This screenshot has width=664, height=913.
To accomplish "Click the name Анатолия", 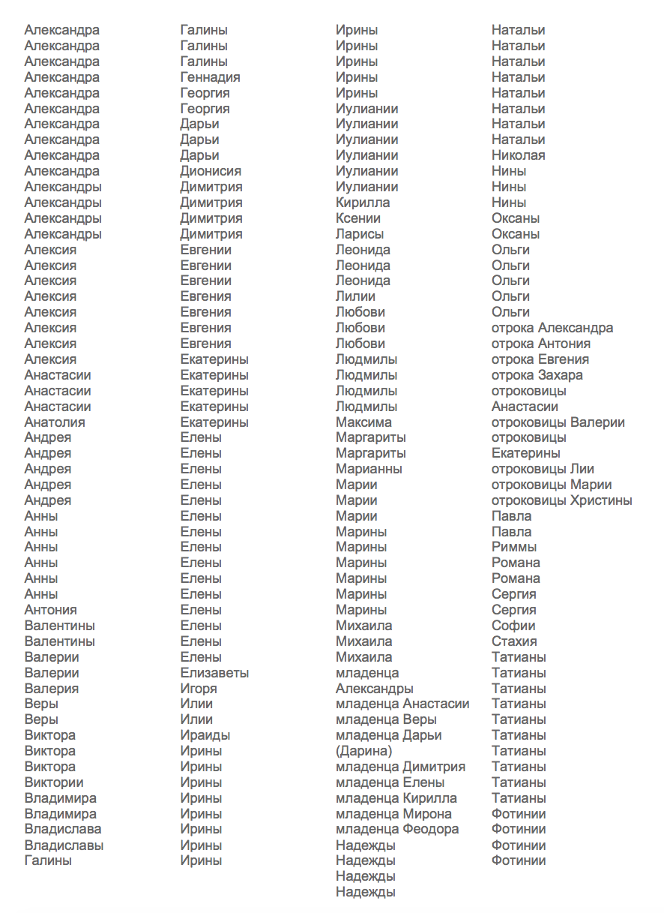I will coord(55,422).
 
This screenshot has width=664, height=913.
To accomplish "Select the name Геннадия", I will coord(210,77).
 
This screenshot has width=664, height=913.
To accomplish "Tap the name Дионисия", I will coord(211,171).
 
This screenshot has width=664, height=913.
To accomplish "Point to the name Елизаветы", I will coord(214,673).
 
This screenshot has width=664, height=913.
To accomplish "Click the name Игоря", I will coord(199,689).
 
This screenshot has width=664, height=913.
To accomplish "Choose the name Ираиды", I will coord(205,735).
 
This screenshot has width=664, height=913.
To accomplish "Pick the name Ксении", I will coord(358,218).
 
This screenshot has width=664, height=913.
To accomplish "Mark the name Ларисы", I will coord(360,234).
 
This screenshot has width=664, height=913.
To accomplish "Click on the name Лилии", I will coord(355,296).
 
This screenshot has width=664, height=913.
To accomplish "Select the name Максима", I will coord(363,422).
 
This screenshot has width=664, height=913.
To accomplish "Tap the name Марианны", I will coord(369,469).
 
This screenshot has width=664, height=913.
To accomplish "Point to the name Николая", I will coord(518,155).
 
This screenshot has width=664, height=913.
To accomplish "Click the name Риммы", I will coord(514,547).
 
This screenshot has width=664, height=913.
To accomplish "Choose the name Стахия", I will coord(514,641).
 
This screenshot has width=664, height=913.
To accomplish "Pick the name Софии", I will coord(513,626).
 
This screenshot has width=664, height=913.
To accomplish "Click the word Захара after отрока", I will coord(561,375).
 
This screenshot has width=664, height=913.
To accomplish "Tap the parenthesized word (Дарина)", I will coord(363,751).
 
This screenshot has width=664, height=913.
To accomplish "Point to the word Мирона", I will coord(427,814).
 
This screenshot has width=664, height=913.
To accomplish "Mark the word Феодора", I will coord(431,829).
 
